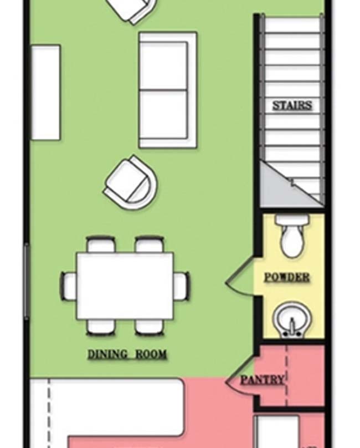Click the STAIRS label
pyautogui.click(x=292, y=105)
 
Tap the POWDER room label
pyautogui.click(x=287, y=277)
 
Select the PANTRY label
pyautogui.click(x=263, y=380)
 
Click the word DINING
pyautogui.click(x=107, y=354)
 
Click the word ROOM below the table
pyautogui.click(x=151, y=354)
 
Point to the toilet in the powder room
pyautogui.click(x=292, y=236)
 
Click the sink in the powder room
pyautogui.click(x=292, y=319)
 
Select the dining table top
pyautogui.click(x=125, y=286)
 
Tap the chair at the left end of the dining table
pyautogui.click(x=69, y=286)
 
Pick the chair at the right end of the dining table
pyautogui.click(x=181, y=286)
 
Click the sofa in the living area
pyautogui.click(x=168, y=90)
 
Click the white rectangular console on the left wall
pyautogui.click(x=45, y=92)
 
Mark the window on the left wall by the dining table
pyautogui.click(x=27, y=282)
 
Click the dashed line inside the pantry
pyautogui.click(x=286, y=375)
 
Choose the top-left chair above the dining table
pyautogui.click(x=101, y=245)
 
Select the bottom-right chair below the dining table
pyautogui.click(x=150, y=328)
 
